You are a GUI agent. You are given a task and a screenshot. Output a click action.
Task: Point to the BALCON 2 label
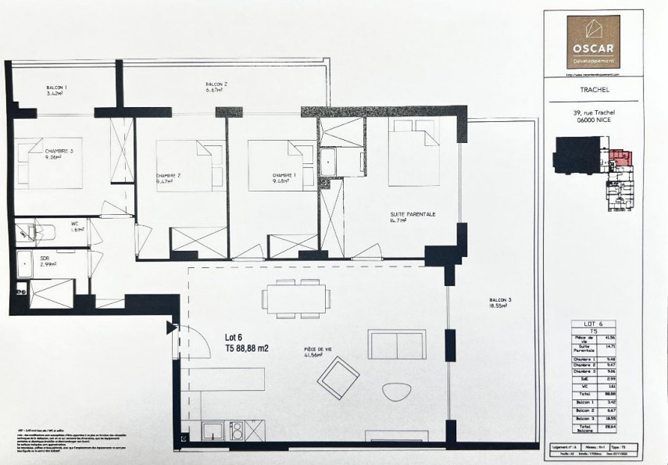[x=216, y=85]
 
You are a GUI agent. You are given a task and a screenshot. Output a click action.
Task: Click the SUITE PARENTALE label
[x=412, y=216]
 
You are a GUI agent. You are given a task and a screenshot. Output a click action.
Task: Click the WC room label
[x=77, y=224]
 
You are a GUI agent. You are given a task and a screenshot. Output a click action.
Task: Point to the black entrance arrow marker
[x=171, y=327]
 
